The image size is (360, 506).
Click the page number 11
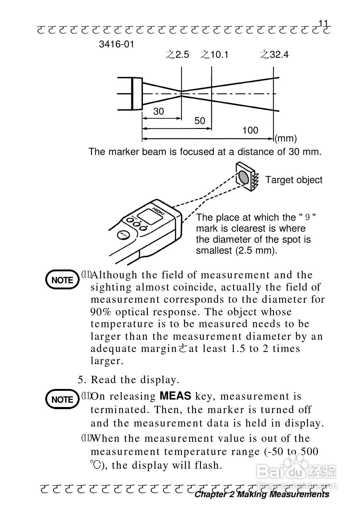[323, 24]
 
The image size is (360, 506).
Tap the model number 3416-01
[116, 44]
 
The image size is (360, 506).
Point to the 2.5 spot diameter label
[182, 55]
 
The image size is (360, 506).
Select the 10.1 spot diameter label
[219, 55]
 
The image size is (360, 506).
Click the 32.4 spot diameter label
[279, 55]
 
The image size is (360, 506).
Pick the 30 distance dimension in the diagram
[158, 112]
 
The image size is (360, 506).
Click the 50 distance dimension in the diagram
[200, 121]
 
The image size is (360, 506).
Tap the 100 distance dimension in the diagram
[250, 130]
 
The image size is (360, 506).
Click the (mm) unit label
[285, 138]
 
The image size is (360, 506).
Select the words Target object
[293, 180]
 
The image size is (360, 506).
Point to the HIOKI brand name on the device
[158, 211]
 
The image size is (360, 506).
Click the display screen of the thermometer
[149, 216]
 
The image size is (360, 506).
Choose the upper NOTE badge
[62, 280]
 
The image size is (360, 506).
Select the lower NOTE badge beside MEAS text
[62, 399]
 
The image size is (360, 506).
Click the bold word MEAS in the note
[175, 396]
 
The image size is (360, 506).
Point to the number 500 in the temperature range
[309, 451]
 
